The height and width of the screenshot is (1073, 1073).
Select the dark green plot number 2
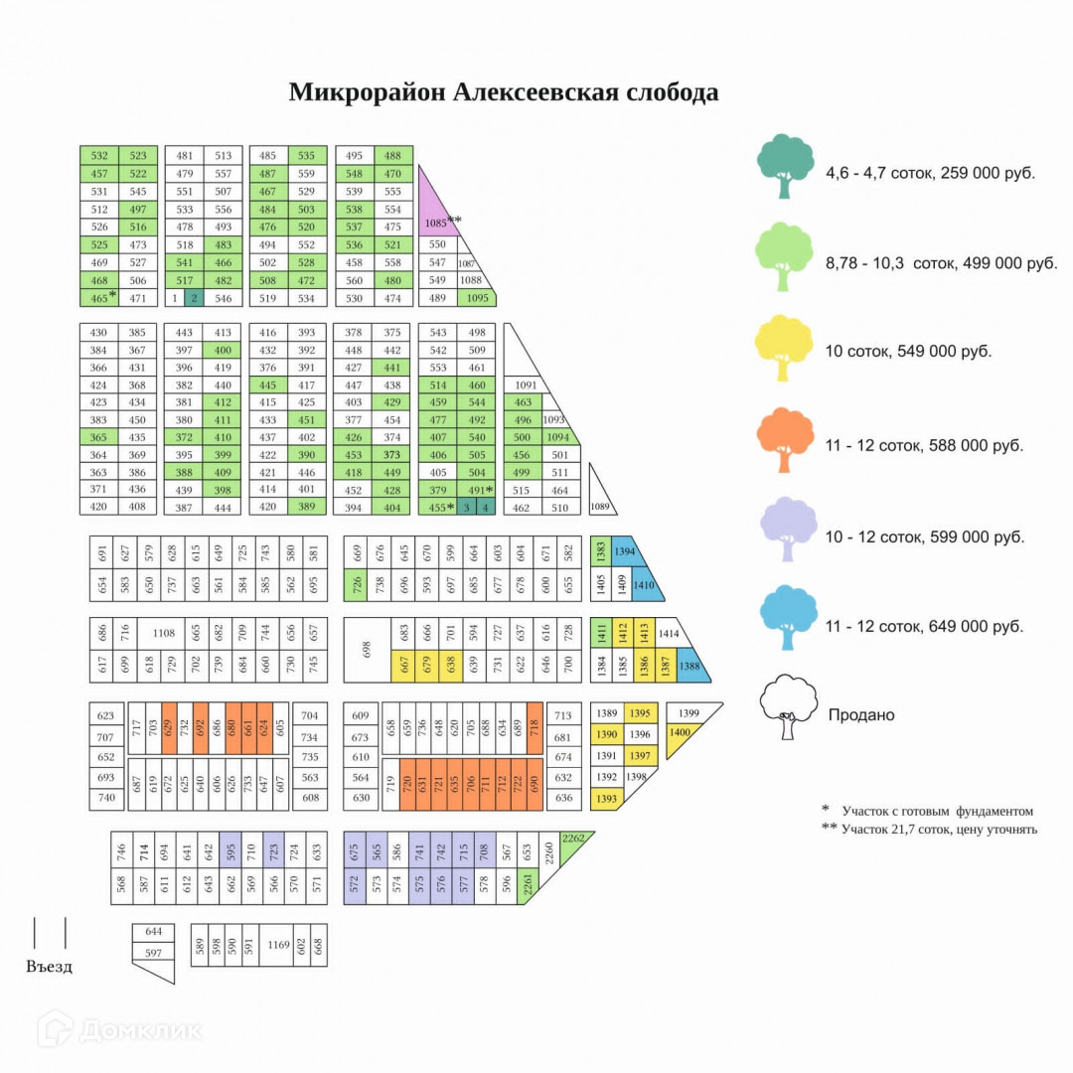(194, 298)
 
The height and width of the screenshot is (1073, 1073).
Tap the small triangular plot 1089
(599, 505)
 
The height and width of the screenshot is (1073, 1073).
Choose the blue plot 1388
(690, 668)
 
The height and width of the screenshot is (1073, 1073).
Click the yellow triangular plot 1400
(680, 734)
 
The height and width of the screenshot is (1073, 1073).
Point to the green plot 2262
(573, 839)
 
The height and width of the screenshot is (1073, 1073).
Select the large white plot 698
(367, 649)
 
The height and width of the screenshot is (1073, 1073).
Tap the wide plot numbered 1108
(163, 632)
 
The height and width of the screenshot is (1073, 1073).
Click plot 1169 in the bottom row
(278, 945)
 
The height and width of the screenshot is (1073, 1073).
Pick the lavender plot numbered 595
(230, 851)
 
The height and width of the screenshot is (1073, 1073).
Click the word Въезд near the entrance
(49, 966)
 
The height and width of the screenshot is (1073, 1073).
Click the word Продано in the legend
(860, 714)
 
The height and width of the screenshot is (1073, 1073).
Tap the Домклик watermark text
(140, 1029)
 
